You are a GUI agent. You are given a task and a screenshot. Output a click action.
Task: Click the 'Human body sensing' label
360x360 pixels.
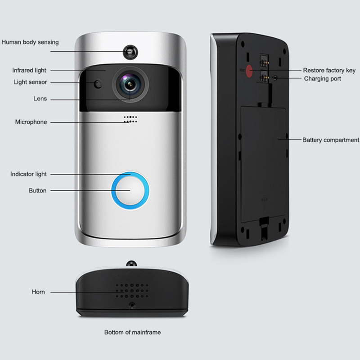[30, 42]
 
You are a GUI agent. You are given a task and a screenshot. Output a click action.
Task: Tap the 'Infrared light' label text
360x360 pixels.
[29, 71]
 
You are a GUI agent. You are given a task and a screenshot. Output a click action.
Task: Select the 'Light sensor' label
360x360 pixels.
[30, 82]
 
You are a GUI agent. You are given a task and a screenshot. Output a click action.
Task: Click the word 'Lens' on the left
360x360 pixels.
[40, 99]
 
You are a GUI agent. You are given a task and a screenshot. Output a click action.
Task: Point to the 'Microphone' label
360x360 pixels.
[31, 122]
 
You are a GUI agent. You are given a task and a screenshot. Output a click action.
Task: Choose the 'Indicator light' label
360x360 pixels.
[28, 174]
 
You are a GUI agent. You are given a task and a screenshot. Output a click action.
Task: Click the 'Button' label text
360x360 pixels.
[37, 190]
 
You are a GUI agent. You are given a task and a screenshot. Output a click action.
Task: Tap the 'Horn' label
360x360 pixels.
[38, 292]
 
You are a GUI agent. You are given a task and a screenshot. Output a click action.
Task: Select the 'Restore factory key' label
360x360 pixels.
[329, 70]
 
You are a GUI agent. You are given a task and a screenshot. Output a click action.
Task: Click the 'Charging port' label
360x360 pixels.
[323, 79]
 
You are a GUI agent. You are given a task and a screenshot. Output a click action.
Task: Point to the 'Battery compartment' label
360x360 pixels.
[331, 140]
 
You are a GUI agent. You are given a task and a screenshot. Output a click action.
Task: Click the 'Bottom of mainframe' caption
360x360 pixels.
[132, 333]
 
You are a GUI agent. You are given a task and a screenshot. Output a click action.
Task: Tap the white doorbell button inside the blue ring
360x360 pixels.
[130, 191]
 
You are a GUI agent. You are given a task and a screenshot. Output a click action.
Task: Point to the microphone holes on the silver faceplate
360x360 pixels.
[130, 118]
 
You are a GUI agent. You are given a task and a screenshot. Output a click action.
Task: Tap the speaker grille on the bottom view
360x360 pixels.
[131, 291]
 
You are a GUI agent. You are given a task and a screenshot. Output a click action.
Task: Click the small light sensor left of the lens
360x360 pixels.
[97, 84]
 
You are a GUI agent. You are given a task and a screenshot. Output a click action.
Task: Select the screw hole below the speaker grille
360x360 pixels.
[132, 305]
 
